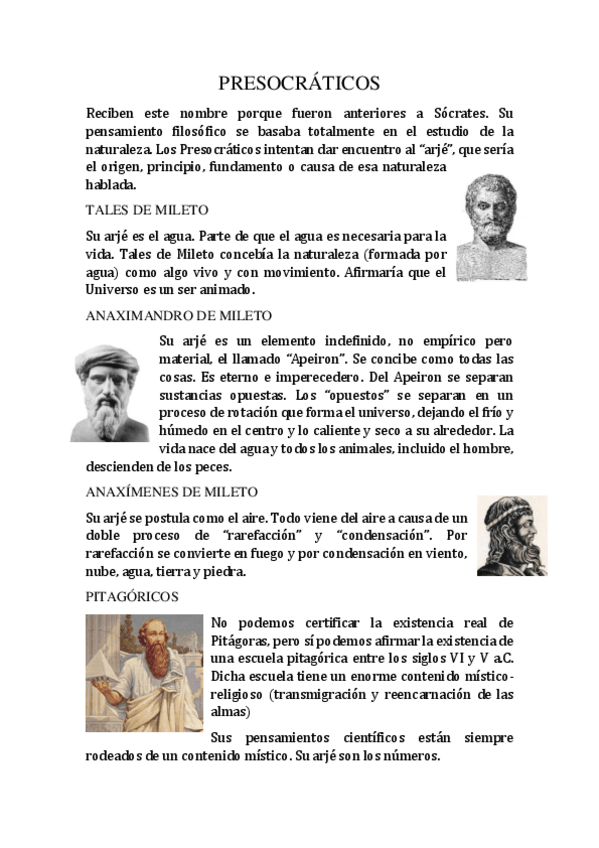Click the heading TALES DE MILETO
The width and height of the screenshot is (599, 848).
pyautogui.click(x=147, y=210)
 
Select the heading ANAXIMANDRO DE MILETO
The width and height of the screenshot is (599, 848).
pyautogui.click(x=179, y=315)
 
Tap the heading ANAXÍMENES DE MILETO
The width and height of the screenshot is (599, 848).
pyautogui.click(x=172, y=492)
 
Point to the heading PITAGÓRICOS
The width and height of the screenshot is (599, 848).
pyautogui.click(x=132, y=596)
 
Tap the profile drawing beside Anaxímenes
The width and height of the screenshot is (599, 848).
pyautogui.click(x=511, y=536)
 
